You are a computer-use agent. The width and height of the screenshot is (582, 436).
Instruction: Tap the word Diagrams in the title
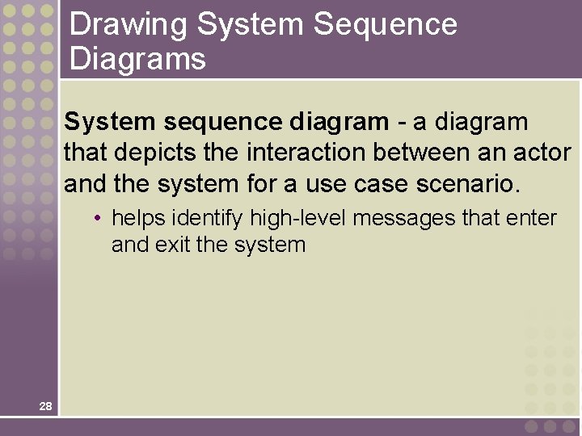click(x=137, y=59)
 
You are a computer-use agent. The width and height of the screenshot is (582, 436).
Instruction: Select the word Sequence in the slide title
click(x=386, y=26)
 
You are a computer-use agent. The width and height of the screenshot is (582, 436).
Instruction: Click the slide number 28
click(x=45, y=406)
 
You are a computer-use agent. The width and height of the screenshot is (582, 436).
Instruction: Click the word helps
click(x=138, y=218)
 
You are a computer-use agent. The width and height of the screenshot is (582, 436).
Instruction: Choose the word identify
click(x=207, y=218)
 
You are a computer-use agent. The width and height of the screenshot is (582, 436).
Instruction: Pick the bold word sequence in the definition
click(x=214, y=123)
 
